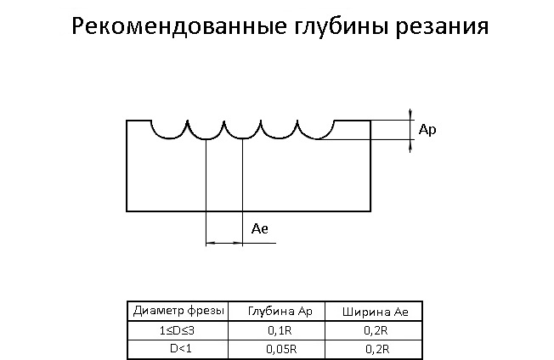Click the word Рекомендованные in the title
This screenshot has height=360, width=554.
(179, 25)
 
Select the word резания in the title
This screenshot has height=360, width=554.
(442, 28)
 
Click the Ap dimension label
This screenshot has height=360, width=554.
(427, 130)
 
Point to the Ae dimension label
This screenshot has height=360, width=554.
(260, 229)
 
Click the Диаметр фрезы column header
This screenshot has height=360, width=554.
(178, 311)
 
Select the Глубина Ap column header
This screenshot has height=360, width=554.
(280, 312)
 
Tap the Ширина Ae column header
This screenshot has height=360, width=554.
(376, 312)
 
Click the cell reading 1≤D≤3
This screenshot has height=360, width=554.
(177, 330)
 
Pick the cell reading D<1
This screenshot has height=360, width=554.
(180, 349)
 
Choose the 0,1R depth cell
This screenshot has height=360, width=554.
(280, 330)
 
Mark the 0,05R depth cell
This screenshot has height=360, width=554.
(281, 350)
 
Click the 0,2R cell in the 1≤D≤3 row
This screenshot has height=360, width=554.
(376, 330)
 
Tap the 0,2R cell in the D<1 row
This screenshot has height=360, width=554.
(377, 350)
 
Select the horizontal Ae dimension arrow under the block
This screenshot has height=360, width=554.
(224, 243)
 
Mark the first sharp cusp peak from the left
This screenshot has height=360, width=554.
(188, 121)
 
